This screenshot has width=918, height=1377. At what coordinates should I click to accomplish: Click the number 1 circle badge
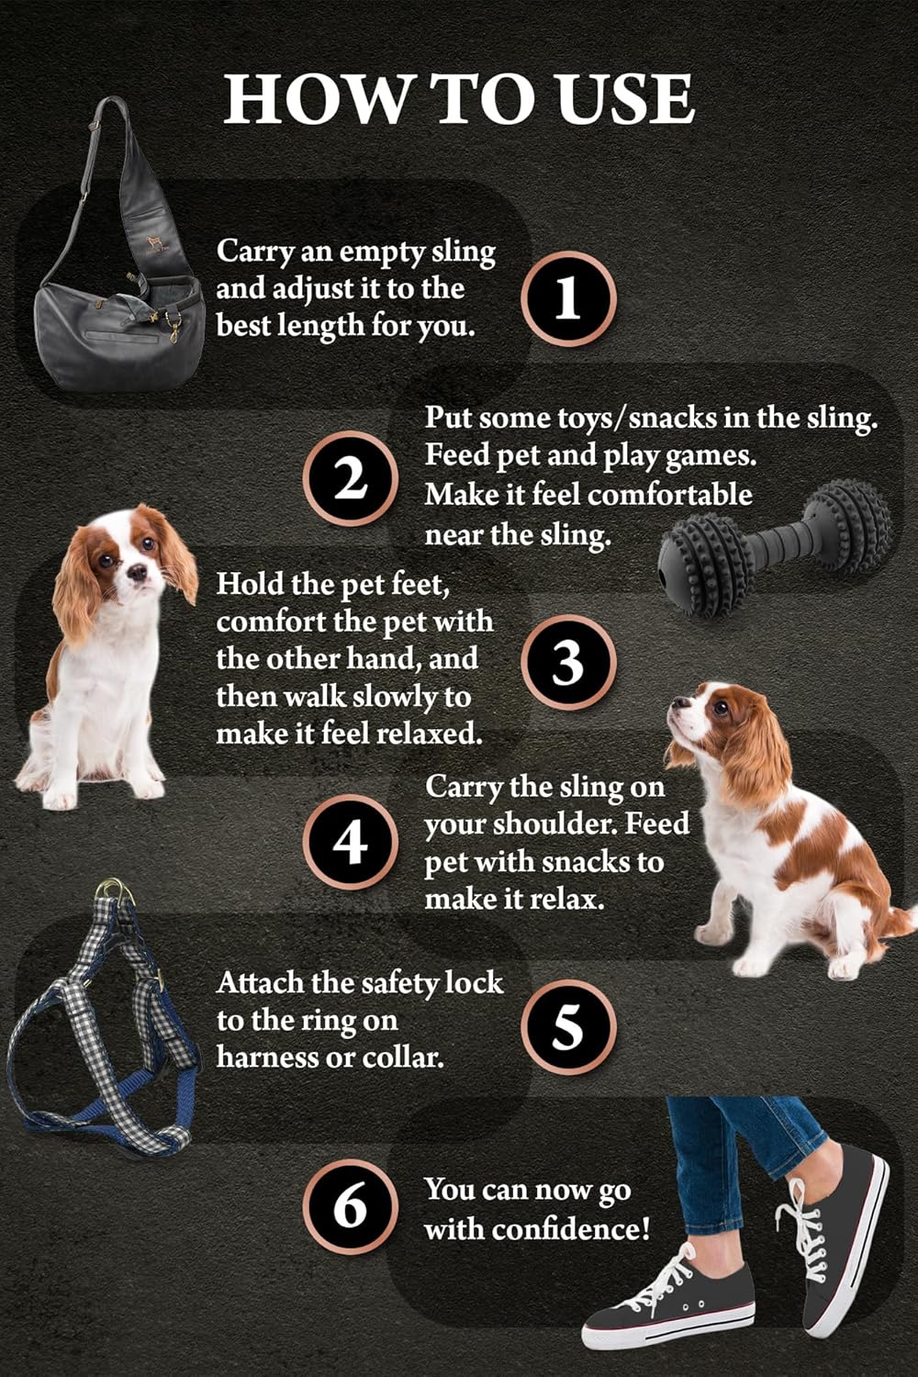(568, 298)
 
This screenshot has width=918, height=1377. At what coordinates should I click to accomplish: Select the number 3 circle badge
(568, 662)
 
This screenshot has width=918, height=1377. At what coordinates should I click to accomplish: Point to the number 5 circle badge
(568, 1025)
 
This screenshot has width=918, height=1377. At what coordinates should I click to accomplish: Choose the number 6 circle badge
(350, 1205)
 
